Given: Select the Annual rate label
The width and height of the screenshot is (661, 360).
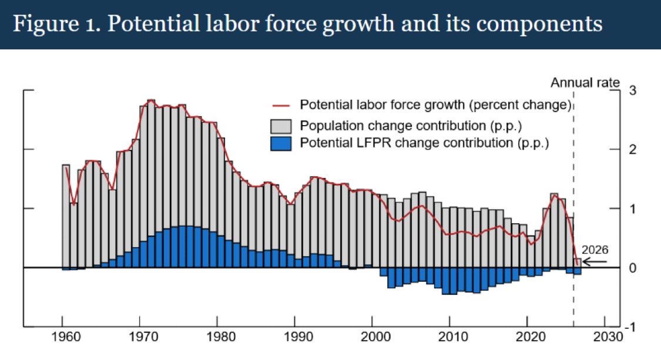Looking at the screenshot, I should coord(585,83).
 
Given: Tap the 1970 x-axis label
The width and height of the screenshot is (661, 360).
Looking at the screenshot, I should coord(139,339).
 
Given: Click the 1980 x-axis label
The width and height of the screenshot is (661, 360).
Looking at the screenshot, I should coord(217,339).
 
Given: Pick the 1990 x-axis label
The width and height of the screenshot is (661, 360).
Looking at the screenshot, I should coord(294,339).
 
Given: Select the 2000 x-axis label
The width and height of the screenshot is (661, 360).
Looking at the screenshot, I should coord(372,339).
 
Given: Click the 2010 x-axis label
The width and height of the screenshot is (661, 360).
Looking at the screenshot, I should coord(449,339).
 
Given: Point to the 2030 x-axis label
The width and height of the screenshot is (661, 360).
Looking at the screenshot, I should coord(604,339).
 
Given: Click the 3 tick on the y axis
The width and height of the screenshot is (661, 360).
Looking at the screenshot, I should coord(632,90).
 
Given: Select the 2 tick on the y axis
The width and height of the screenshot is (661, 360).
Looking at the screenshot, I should coord(632,150).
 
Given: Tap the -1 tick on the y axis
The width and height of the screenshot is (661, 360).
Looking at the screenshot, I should coord(631,327).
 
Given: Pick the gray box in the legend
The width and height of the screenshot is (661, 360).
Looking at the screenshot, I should coord(281,126).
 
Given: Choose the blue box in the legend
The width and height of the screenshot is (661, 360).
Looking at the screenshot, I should coord(281,143).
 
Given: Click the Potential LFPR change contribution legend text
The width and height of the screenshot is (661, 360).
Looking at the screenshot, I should coord(424,143).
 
